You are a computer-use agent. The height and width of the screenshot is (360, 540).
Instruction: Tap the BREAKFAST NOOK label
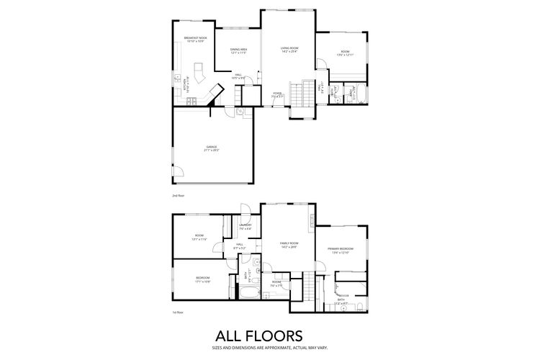coord(195,37)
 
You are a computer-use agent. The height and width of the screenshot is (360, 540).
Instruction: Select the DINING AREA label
coord(238,49)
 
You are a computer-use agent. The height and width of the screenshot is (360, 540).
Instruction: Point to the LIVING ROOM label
coord(289,48)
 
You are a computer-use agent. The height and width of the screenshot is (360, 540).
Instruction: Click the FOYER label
coord(277,93)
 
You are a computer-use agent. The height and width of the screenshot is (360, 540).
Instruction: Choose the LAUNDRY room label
coord(244,226)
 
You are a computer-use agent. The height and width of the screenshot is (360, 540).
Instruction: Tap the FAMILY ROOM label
coord(289,243)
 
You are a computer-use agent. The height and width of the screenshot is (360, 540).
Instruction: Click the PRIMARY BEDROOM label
coord(340,249)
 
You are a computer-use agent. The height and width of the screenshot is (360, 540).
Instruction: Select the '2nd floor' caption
coord(178,196)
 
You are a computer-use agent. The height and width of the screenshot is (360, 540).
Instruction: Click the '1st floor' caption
coord(178,312)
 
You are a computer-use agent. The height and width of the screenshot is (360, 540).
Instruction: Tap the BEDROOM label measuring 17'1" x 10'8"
coord(202,279)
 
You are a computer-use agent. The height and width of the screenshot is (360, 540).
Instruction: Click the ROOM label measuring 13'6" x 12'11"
coord(345,52)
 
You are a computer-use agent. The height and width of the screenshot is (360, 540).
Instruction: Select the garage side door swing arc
coord(179,173)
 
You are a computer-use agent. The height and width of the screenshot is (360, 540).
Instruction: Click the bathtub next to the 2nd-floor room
coord(362,94)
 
